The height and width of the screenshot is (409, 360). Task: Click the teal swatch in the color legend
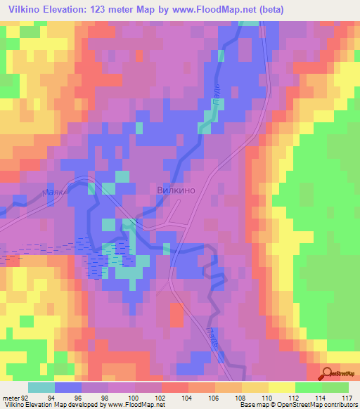click(41, 387)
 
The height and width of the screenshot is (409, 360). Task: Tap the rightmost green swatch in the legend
click(335, 387)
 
